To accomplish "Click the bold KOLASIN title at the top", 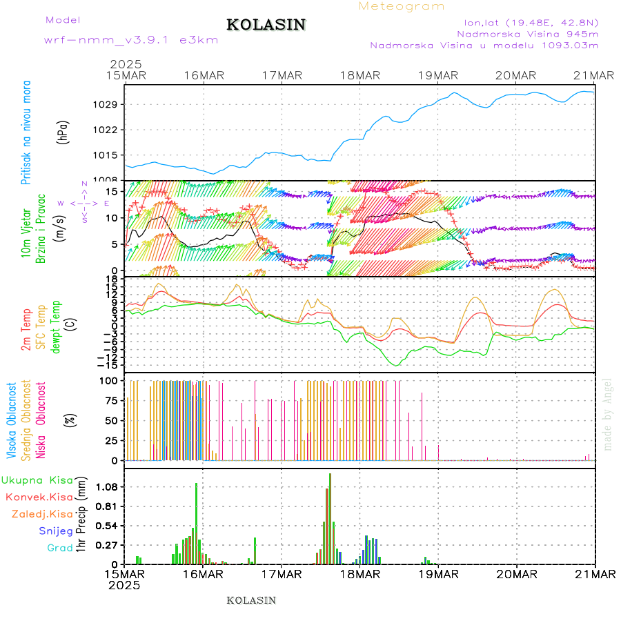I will pyautogui.click(x=266, y=25).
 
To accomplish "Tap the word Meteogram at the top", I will pyautogui.click(x=402, y=6).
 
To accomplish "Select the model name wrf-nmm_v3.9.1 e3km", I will pyautogui.click(x=131, y=39).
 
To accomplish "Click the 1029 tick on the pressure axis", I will pyautogui.click(x=110, y=104).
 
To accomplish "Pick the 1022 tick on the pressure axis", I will pyautogui.click(x=110, y=130).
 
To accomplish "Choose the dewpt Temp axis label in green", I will pyautogui.click(x=55, y=325).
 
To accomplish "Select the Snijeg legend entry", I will pyautogui.click(x=56, y=531).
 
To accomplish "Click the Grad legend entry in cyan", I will pyautogui.click(x=59, y=548).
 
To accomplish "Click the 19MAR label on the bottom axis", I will pyautogui.click(x=438, y=574).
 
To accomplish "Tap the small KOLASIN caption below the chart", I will pyautogui.click(x=251, y=600).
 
